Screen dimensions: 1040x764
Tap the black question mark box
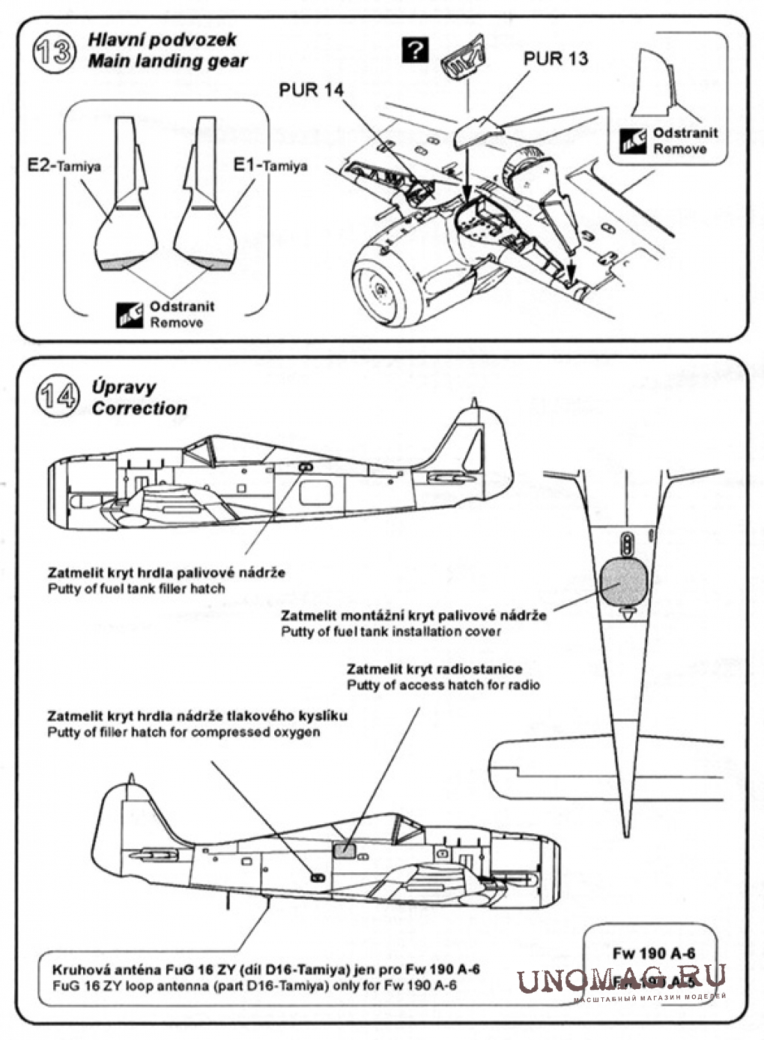(415, 51)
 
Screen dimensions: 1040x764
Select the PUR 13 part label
(555, 58)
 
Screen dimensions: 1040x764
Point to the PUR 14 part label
(312, 91)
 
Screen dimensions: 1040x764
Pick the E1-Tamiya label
(270, 166)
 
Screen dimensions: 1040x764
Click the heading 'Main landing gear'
(167, 61)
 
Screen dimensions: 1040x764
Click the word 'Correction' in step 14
(139, 408)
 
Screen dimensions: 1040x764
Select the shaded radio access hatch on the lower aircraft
(344, 850)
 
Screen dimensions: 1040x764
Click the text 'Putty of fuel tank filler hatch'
(136, 588)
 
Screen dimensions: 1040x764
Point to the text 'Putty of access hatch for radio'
(443, 685)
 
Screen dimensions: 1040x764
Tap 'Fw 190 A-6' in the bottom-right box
(653, 953)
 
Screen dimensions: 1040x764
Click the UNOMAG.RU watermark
(621, 979)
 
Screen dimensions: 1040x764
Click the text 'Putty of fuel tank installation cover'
(391, 631)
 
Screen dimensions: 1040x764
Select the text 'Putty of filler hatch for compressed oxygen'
(184, 731)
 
